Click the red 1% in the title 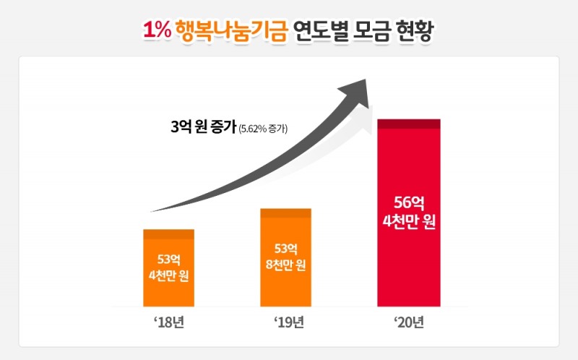point(156,30)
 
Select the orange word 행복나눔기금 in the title point(230,30)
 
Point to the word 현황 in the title point(415,30)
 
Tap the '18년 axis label point(168,322)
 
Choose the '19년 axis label point(286,322)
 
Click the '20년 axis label point(408,322)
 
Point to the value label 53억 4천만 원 point(169,267)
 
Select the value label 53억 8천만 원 point(285,257)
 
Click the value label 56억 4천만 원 point(409,210)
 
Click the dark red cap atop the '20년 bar point(409,124)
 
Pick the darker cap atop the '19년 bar point(285,213)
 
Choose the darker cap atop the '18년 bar point(169,233)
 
